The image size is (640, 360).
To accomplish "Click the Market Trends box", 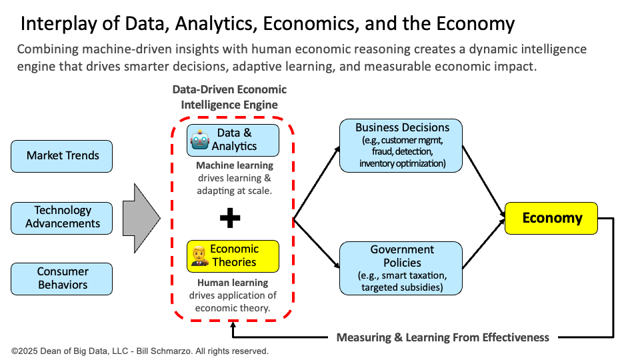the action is click(62, 156).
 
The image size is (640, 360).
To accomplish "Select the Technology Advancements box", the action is click(62, 217).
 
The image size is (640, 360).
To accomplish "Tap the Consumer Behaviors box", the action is click(62, 278).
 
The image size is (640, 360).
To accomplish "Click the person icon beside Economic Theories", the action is click(199, 255).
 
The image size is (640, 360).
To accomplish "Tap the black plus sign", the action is click(230, 217).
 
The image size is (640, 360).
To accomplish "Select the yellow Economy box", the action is click(551, 218).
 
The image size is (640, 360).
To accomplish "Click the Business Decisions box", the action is click(401, 145).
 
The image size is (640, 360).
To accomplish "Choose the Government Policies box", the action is click(401, 268).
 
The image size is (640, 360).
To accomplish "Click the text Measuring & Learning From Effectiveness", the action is click(443, 337).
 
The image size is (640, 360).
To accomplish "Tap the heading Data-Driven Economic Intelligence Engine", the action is click(229, 97).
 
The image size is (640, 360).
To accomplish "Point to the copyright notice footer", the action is click(140, 351).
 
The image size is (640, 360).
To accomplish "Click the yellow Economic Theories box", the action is click(233, 255).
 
